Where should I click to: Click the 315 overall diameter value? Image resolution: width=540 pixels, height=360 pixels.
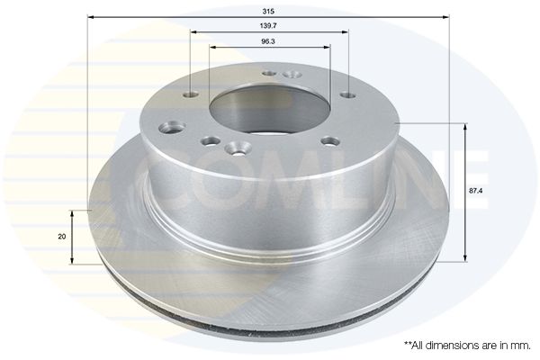tap(268, 12)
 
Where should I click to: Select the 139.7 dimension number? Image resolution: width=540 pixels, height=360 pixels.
tap(268, 26)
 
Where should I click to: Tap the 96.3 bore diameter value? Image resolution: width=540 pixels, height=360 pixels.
tap(268, 41)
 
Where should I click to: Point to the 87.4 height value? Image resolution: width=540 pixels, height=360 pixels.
tap(475, 191)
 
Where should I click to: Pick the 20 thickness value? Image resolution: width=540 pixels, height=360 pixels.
tap(62, 237)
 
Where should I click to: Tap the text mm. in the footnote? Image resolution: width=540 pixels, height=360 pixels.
tap(522, 346)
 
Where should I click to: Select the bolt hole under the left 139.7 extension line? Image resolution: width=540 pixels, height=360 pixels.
tap(191, 94)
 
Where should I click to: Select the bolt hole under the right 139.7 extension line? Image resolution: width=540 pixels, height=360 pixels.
tap(348, 94)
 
